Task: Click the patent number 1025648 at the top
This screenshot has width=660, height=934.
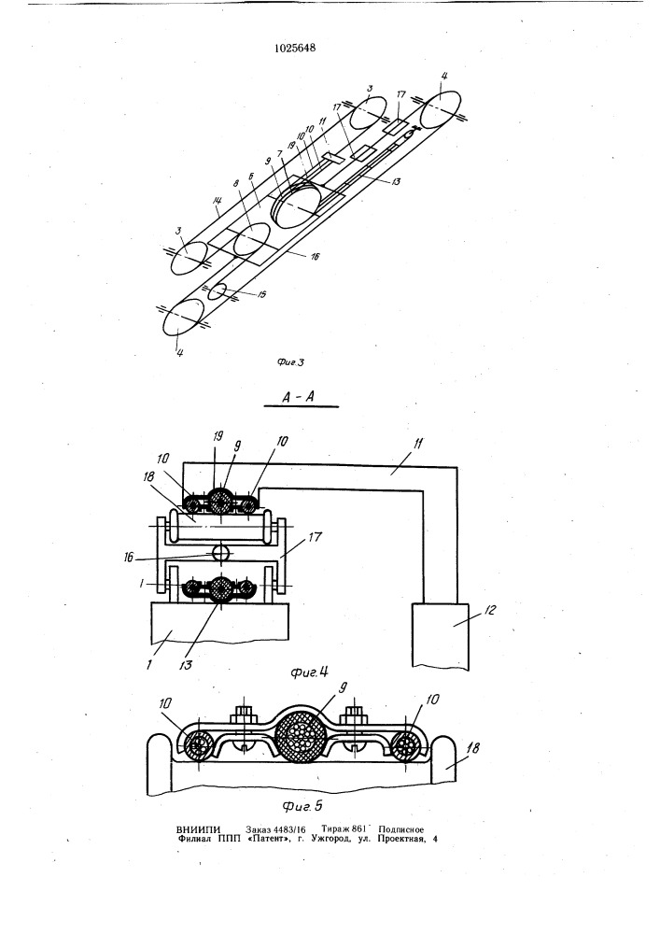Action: click(295, 49)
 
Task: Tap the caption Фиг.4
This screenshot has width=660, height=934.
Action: click(310, 672)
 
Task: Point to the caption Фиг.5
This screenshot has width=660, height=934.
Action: click(302, 806)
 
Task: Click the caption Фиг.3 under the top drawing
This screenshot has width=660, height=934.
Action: click(290, 362)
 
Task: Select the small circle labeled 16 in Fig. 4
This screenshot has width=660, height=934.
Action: click(220, 553)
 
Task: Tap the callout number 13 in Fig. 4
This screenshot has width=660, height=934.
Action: click(187, 664)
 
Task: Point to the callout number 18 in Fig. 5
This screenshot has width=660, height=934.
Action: click(473, 747)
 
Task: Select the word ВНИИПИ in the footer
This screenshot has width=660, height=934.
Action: click(199, 829)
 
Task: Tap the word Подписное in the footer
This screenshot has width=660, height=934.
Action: click(400, 829)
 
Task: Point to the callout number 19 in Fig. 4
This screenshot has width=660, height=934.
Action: click(217, 436)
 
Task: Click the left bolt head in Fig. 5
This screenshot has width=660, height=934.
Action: click(242, 714)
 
